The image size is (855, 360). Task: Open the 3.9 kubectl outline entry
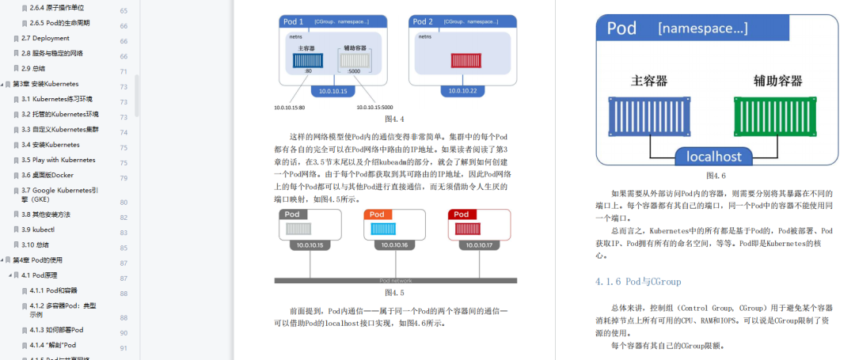pos(40,229)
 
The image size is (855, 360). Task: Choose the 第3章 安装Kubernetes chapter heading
pos(45,84)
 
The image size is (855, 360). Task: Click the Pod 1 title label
pos(294,21)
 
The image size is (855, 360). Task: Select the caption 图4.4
pos(395,119)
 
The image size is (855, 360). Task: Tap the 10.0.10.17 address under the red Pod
pos(478,245)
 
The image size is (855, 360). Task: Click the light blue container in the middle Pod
pos(388,229)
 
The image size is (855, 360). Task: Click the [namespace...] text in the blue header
pos(702,29)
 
